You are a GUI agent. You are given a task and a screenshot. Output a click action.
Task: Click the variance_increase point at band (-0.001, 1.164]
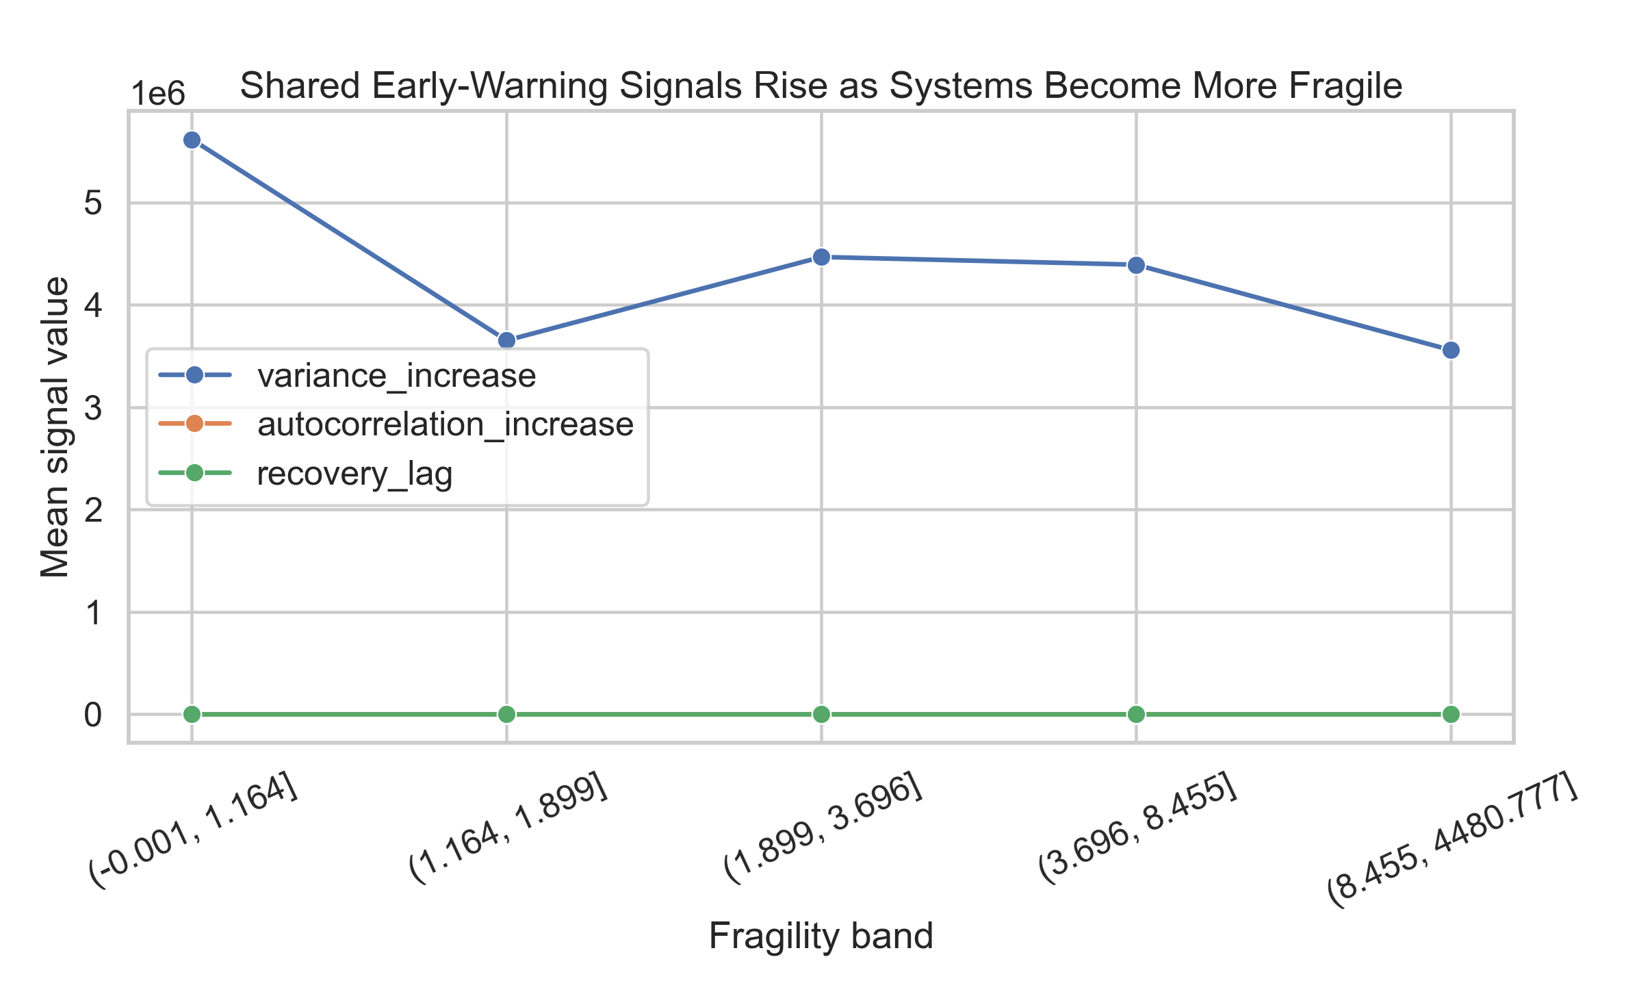pyautogui.click(x=192, y=140)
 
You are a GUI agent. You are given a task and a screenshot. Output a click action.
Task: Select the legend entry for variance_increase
pyautogui.click(x=396, y=375)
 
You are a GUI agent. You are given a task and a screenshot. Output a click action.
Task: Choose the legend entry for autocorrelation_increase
pyautogui.click(x=445, y=424)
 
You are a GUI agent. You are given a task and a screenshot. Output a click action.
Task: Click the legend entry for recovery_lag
pyautogui.click(x=354, y=474)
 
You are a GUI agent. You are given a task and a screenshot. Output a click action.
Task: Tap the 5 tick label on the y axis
pyautogui.click(x=93, y=203)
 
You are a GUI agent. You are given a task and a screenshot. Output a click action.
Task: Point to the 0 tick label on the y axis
pyautogui.click(x=93, y=715)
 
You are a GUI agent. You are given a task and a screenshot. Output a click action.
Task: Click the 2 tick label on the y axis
pyautogui.click(x=93, y=510)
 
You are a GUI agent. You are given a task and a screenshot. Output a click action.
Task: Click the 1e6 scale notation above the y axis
pyautogui.click(x=158, y=94)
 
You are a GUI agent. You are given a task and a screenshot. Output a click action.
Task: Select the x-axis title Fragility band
pyautogui.click(x=821, y=936)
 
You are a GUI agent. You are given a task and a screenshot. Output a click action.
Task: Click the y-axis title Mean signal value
pyautogui.click(x=55, y=427)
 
